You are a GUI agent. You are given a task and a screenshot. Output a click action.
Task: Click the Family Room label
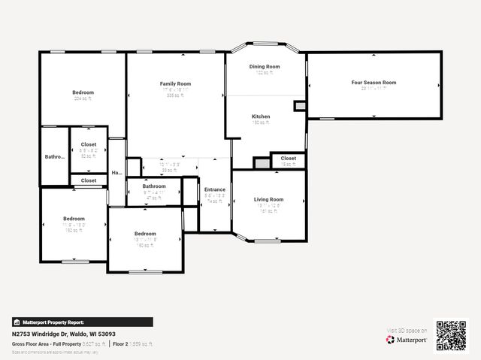175,83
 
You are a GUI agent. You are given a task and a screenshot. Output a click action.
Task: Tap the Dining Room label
265,67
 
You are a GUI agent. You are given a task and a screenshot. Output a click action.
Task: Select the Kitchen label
261,116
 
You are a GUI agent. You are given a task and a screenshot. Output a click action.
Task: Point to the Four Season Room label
374,83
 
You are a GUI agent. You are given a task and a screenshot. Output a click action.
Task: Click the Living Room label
268,199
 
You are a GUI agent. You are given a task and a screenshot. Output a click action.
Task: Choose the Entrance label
215,189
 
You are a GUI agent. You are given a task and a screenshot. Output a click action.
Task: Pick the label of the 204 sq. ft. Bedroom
83,92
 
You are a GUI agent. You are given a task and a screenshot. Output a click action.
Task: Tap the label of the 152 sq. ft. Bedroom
74,219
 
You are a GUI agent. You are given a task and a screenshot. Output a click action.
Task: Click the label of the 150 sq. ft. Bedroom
145,234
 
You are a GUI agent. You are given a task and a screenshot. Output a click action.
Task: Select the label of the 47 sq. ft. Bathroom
154,186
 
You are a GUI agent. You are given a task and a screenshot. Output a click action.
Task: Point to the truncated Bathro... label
55,157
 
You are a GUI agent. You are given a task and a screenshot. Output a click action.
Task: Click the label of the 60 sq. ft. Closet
89,144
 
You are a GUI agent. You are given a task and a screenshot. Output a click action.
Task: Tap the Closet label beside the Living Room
289,159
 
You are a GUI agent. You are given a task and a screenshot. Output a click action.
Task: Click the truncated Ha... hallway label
116,173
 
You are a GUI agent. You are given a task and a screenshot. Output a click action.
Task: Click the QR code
451,335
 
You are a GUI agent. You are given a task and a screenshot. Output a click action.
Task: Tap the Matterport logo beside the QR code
407,340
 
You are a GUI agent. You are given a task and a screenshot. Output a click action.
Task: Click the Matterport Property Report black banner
83,322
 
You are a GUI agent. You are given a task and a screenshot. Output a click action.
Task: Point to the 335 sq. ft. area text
176,95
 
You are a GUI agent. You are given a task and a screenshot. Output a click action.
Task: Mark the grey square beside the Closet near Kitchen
262,163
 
